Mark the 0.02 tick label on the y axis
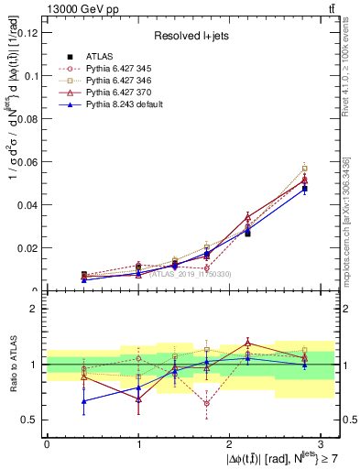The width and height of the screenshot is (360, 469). (31, 247)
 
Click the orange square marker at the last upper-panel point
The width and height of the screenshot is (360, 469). (305, 169)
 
